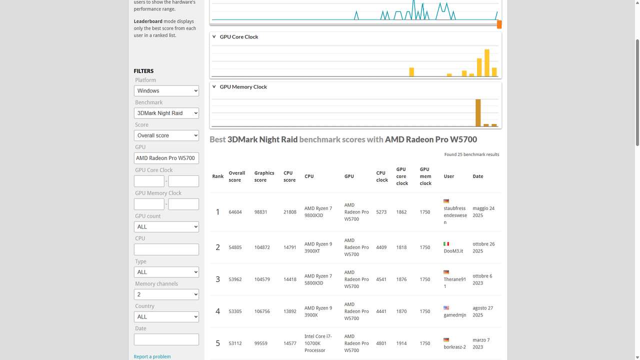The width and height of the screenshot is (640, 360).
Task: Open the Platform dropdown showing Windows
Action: pyautogui.click(x=166, y=90)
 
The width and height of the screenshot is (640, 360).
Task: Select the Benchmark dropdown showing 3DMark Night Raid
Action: pyautogui.click(x=166, y=113)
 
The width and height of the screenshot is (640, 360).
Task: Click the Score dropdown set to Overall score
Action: pyautogui.click(x=166, y=135)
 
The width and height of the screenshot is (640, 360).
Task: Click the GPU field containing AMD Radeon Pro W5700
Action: pyautogui.click(x=166, y=158)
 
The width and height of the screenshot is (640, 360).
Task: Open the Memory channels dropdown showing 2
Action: pyautogui.click(x=166, y=294)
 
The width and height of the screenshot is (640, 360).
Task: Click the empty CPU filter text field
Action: pyautogui.click(x=166, y=249)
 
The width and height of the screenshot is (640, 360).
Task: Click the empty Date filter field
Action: pyautogui.click(x=166, y=339)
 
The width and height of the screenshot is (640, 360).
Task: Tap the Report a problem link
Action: pyautogui.click(x=152, y=356)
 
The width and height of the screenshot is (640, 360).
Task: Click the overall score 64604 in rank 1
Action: pyautogui.click(x=235, y=212)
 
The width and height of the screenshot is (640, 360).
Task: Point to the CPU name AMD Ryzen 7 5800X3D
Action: pyautogui.click(x=318, y=279)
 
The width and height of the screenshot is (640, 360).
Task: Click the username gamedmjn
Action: pyautogui.click(x=454, y=315)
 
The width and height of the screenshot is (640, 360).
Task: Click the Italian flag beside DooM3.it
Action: pyautogui.click(x=446, y=244)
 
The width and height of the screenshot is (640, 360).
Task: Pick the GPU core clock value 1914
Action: pyautogui.click(x=401, y=343)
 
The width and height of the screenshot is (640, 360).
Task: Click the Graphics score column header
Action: pyautogui.click(x=264, y=176)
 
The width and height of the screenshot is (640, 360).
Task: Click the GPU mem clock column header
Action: pyautogui.click(x=425, y=176)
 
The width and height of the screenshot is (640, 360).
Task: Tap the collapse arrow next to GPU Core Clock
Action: pyautogui.click(x=214, y=37)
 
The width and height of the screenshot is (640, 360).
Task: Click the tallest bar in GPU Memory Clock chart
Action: pyautogui.click(x=478, y=112)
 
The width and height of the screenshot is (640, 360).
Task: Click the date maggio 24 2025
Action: pyautogui.click(x=483, y=212)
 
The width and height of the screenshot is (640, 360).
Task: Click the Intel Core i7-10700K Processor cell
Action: pyautogui.click(x=318, y=343)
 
